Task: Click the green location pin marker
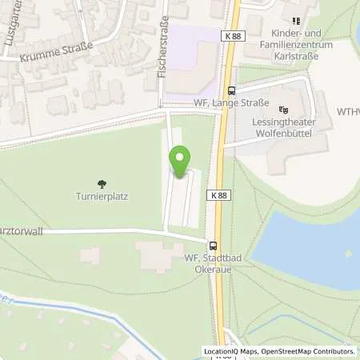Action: coord(180,162)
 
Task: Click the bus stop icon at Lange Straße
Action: coord(231,90)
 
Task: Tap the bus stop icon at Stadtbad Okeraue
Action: coord(213,246)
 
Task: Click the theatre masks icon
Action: coord(282,110)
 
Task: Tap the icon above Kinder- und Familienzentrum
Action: coord(295,20)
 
